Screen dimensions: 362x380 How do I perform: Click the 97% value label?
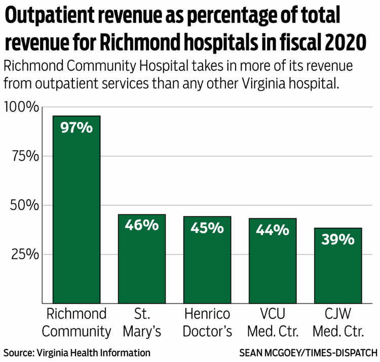(77, 127)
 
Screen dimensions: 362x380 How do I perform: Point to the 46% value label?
(142, 225)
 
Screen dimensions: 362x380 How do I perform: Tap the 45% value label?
(207, 228)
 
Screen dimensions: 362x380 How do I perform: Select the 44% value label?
(273, 230)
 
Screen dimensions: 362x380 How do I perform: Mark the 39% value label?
(338, 239)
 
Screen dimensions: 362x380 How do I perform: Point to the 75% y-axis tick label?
(24, 156)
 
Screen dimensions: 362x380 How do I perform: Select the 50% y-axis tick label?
(24, 205)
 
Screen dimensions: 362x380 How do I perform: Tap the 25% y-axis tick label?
(24, 254)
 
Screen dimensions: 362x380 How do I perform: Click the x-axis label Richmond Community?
(77, 322)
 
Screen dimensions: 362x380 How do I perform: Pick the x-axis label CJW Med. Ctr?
(338, 322)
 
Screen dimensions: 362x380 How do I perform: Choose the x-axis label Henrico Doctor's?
(207, 322)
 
